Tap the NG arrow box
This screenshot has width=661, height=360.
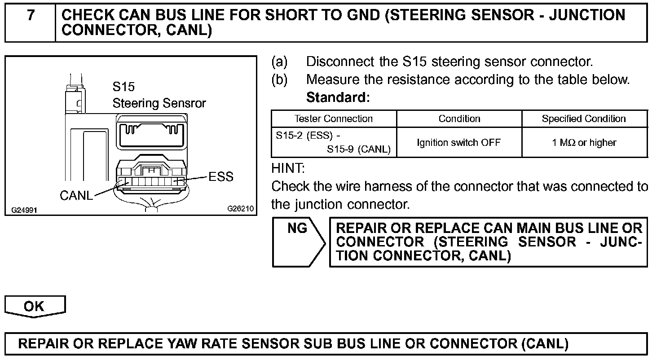pyautogui.click(x=298, y=241)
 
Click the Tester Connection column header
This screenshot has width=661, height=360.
pyautogui.click(x=333, y=119)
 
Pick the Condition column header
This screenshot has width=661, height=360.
pyautogui.click(x=459, y=119)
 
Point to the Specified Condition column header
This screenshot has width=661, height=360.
pyautogui.click(x=583, y=119)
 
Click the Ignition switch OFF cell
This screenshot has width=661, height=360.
pyautogui.click(x=458, y=143)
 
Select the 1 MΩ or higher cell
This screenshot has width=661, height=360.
pyautogui.click(x=584, y=143)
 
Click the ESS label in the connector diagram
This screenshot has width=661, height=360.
pyautogui.click(x=221, y=177)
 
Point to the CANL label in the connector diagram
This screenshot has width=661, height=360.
pyautogui.click(x=76, y=196)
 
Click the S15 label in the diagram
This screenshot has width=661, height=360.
pyautogui.click(x=123, y=87)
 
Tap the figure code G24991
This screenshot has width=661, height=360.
pyautogui.click(x=25, y=209)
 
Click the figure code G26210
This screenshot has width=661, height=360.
pyautogui.click(x=240, y=209)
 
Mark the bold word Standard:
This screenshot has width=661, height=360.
pyautogui.click(x=338, y=97)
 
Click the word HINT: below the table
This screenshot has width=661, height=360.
pyautogui.click(x=288, y=169)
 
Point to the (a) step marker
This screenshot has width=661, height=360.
pyautogui.click(x=279, y=61)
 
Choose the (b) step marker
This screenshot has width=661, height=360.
pyautogui.click(x=279, y=80)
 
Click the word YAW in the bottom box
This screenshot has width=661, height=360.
pyautogui.click(x=198, y=344)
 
